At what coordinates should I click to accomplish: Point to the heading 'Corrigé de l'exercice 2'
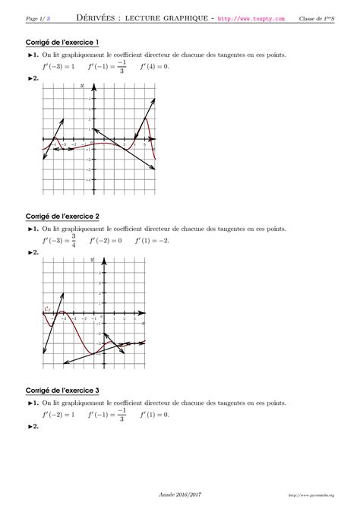point(62,216)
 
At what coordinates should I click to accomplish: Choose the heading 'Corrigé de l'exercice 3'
point(62,390)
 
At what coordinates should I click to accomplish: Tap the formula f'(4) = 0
point(154,66)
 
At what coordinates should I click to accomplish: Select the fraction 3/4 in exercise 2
point(74,241)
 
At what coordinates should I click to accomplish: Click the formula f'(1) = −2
point(152,241)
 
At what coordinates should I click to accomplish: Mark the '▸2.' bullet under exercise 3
point(33,428)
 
